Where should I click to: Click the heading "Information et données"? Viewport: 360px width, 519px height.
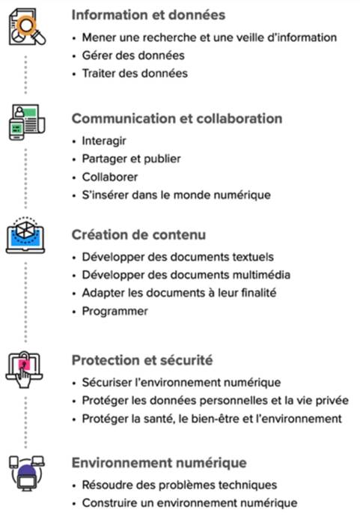click(x=148, y=15)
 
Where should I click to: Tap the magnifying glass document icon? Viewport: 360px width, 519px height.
click(x=27, y=26)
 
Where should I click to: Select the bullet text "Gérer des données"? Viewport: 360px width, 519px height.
click(x=133, y=55)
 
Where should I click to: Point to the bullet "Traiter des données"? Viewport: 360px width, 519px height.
click(x=135, y=73)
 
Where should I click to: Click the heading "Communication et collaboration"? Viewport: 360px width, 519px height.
click(x=177, y=118)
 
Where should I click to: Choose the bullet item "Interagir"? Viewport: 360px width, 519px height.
click(x=104, y=141)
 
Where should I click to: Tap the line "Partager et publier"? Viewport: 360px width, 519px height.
click(x=132, y=159)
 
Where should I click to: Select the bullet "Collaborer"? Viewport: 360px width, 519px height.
click(x=110, y=177)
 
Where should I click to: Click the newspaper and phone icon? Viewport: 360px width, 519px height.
click(x=26, y=122)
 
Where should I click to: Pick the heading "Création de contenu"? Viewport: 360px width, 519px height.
click(x=138, y=234)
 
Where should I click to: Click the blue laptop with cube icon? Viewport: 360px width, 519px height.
click(x=25, y=235)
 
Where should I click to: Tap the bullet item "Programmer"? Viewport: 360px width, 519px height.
click(x=115, y=311)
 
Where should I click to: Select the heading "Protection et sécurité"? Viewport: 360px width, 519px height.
click(x=142, y=360)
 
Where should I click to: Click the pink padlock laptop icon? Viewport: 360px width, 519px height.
click(x=24, y=369)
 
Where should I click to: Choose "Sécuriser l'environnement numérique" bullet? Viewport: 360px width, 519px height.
click(x=181, y=382)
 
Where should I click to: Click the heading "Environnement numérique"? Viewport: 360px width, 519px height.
click(x=159, y=463)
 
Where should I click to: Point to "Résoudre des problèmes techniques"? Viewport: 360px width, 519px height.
click(x=180, y=485)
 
